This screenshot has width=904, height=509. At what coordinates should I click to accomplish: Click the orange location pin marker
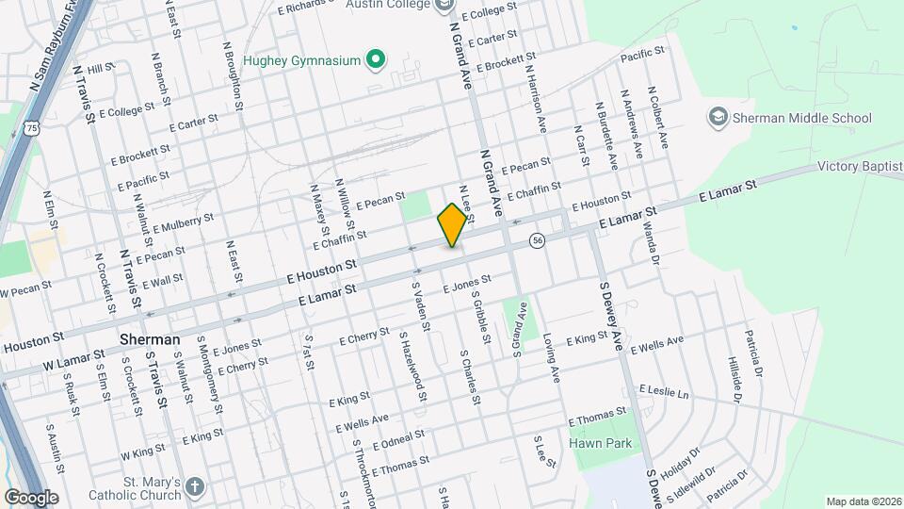pyautogui.click(x=452, y=224)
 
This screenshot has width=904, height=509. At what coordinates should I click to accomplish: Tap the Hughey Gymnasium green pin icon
pyautogui.click(x=376, y=60)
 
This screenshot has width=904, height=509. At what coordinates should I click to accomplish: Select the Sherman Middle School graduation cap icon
pyautogui.click(x=718, y=118)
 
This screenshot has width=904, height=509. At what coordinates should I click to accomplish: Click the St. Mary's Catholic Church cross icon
pyautogui.click(x=194, y=487)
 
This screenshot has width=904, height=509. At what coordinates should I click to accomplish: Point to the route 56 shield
pyautogui.click(x=537, y=240)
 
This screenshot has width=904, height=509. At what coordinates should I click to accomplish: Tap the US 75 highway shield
pyautogui.click(x=33, y=127)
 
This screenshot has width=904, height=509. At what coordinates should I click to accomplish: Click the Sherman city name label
pyautogui.click(x=150, y=339)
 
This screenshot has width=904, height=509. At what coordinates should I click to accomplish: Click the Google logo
pyautogui.click(x=31, y=497)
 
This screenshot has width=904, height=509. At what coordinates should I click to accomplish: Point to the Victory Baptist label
pyautogui.click(x=860, y=167)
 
